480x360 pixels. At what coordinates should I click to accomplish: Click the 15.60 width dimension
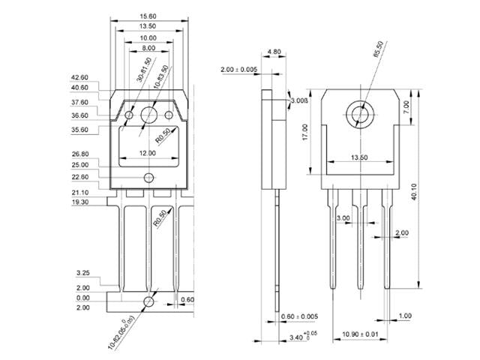point(148,16)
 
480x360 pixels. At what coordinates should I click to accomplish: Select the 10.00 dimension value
point(148,37)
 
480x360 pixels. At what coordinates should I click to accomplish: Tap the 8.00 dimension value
point(148,48)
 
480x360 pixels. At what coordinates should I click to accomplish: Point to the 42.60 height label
point(79,77)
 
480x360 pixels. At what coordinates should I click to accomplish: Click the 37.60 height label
point(79,102)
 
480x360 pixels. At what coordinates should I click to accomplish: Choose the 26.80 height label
point(79,154)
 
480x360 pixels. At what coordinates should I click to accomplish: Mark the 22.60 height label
point(79,177)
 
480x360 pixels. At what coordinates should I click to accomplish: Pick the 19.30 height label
point(79,202)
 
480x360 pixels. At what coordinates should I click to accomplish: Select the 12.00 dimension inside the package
point(148,153)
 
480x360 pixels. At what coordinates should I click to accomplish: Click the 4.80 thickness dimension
point(273,53)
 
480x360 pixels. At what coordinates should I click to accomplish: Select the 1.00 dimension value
point(406,316)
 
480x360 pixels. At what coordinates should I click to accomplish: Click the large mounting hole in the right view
point(361,114)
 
